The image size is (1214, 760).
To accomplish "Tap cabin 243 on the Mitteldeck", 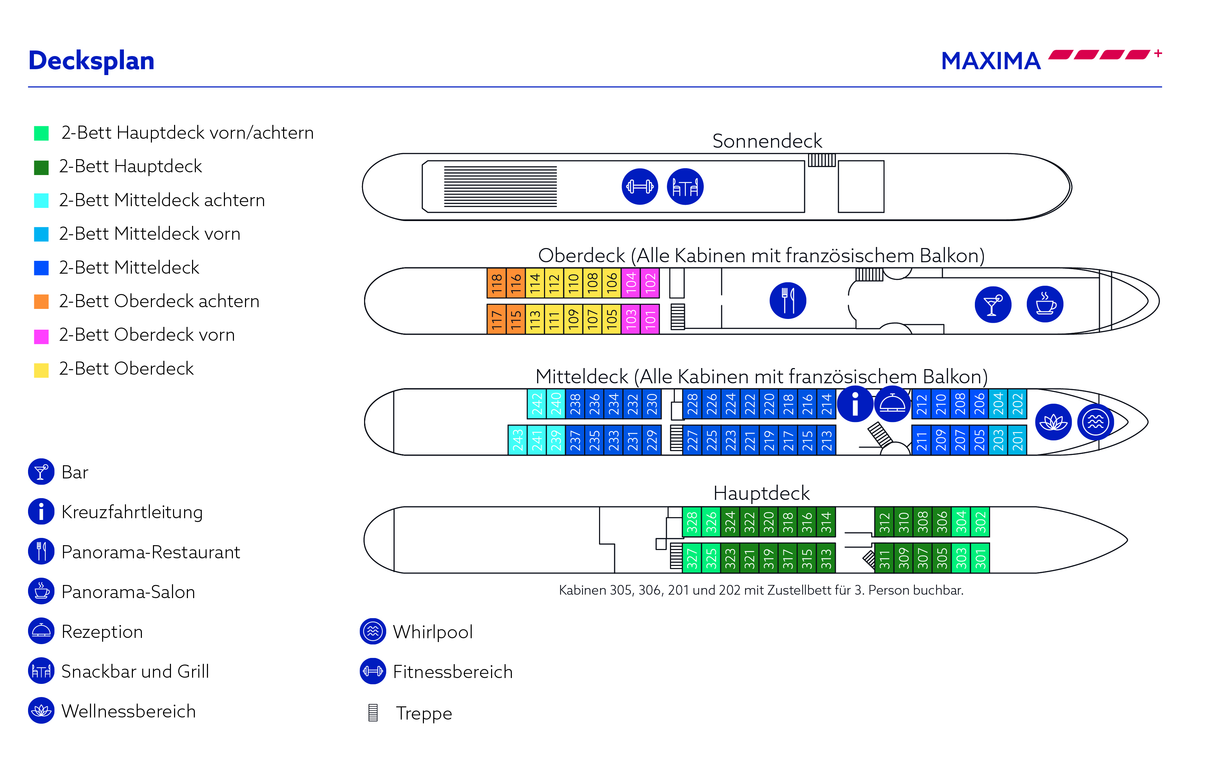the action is click(517, 440).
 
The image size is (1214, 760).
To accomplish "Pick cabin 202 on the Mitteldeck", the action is click(1017, 404).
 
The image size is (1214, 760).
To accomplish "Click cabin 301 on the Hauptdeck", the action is click(980, 558).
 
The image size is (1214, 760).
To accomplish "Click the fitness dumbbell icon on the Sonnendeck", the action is click(640, 186).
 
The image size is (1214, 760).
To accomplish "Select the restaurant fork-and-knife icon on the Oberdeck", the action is click(788, 301).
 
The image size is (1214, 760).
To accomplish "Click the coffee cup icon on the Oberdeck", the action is click(1044, 304).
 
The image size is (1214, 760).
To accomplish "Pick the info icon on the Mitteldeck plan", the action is click(854, 404).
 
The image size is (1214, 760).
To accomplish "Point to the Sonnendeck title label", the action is click(767, 141).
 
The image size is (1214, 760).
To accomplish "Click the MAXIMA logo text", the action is click(991, 61).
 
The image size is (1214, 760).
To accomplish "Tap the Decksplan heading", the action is click(91, 61).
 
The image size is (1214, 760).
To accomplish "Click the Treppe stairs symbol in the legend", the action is click(373, 713).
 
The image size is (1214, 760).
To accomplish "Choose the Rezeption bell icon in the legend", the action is click(41, 631).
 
